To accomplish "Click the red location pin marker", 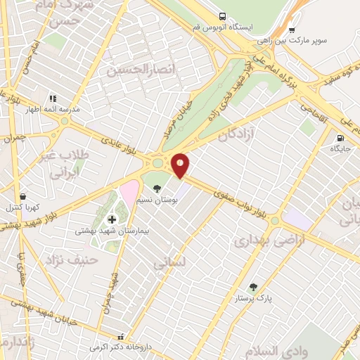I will coord(180,165).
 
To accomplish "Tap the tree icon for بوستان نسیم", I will coord(157,188).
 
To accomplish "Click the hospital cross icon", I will coord(112,220).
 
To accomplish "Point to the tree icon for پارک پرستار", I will coord(253,287).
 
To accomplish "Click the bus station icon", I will coord(223,16).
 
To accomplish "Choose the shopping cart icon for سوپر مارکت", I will coord(292,30).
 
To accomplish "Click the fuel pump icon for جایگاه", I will coord(341,139).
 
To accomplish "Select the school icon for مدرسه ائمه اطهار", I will coord(52,99).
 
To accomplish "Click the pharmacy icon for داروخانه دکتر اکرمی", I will coord(120,337).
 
